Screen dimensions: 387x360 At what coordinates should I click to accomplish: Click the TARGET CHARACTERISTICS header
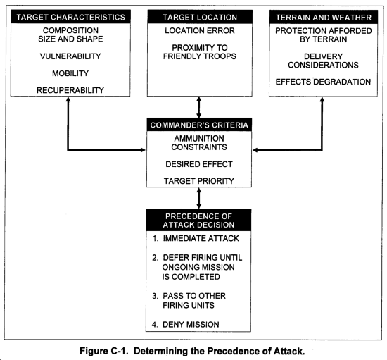(70, 17)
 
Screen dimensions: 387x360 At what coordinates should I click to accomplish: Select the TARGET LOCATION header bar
(200, 17)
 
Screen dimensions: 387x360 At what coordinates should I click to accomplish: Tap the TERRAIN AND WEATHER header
(324, 18)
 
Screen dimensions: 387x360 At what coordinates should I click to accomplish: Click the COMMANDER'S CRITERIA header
(199, 125)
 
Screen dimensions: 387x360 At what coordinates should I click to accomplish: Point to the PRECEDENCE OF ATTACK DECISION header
(198, 220)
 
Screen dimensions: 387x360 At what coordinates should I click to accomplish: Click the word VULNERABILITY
(70, 56)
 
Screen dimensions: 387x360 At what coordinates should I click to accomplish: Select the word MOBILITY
(70, 73)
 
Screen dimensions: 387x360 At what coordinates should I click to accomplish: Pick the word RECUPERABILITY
(70, 90)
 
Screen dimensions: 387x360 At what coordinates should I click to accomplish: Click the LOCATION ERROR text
(200, 30)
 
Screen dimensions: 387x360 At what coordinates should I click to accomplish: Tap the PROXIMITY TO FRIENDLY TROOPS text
(200, 52)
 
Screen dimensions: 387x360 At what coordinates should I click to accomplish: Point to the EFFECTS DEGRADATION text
(324, 82)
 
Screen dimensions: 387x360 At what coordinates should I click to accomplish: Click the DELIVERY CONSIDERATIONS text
(324, 61)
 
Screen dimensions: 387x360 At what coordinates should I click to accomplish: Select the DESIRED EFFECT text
(199, 164)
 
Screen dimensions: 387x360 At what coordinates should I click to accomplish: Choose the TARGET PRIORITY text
(199, 181)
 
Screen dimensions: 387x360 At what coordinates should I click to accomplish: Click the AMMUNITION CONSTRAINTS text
(199, 143)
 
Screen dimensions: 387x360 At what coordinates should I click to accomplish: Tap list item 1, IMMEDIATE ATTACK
(196, 238)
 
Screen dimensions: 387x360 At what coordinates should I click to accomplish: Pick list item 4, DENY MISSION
(186, 324)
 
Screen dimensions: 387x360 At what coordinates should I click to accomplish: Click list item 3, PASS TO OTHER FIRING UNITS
(189, 300)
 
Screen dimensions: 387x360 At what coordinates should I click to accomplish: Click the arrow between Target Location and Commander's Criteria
(199, 107)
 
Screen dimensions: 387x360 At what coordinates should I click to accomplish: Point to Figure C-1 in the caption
(104, 351)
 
